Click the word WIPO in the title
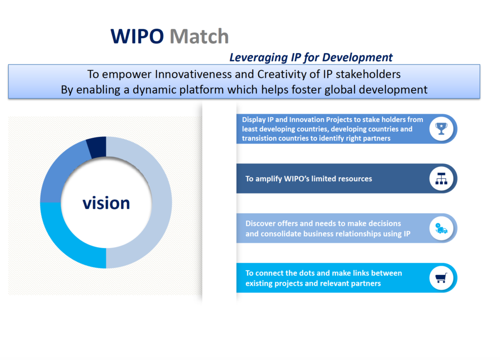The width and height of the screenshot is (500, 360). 137,36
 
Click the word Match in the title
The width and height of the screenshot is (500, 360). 199,36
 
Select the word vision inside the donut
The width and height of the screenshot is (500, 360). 106,203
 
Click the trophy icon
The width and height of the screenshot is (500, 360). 441,129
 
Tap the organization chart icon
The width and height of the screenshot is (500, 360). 441,179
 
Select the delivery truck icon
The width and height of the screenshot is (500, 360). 441,228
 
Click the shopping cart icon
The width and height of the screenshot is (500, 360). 441,278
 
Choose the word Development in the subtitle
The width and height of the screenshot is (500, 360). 357,58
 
